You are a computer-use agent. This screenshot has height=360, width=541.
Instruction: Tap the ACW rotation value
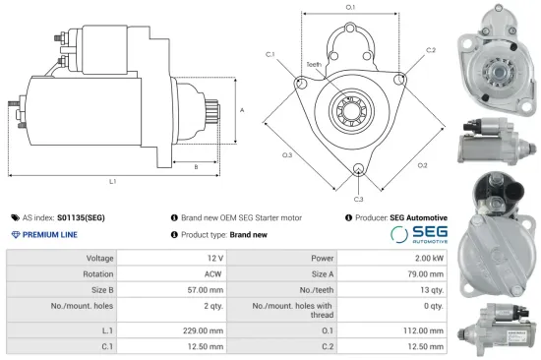(204, 273)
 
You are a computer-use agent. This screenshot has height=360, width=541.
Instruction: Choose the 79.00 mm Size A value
(427, 273)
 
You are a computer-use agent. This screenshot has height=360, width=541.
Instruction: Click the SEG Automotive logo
(420, 234)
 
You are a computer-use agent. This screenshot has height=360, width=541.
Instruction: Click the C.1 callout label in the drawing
(270, 54)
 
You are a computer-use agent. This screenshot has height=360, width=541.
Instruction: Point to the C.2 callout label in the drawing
(430, 49)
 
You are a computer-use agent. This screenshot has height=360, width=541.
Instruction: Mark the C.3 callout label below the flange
(359, 199)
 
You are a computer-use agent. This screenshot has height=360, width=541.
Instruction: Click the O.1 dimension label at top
(350, 8)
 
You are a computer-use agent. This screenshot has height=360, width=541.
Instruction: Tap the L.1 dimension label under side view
(113, 182)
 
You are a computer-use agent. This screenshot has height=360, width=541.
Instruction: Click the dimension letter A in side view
(242, 110)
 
